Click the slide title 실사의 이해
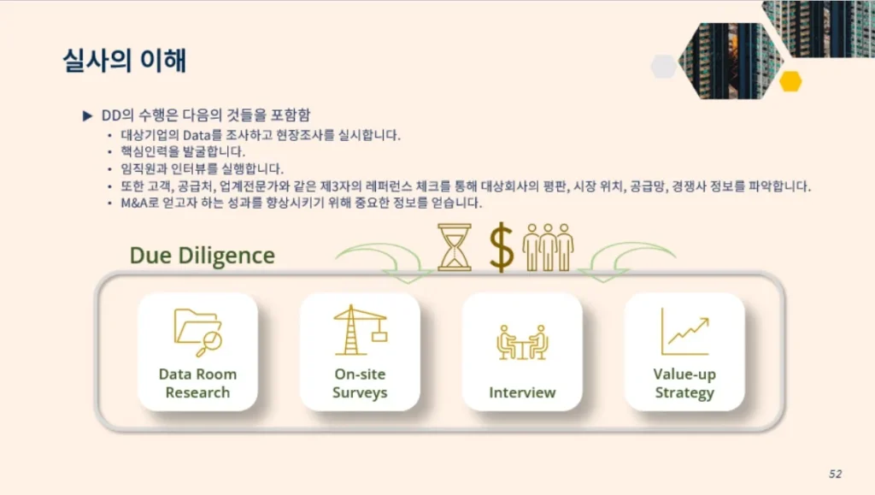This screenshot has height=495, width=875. click(x=125, y=60)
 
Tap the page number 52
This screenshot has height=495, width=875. click(x=835, y=474)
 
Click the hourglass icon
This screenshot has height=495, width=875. click(x=455, y=247)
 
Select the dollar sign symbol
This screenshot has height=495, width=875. click(x=501, y=247)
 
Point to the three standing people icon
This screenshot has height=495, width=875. click(x=548, y=247)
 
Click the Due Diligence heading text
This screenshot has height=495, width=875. click(x=202, y=256)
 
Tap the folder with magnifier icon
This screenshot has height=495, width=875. click(x=198, y=333)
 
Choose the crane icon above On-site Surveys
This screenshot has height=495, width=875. click(x=360, y=330)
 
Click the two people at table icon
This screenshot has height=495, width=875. click(x=522, y=342)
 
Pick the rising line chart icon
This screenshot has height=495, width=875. click(x=685, y=332)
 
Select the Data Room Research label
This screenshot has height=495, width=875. click(x=197, y=383)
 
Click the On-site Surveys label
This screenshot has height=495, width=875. click(x=360, y=383)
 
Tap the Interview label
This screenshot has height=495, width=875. click(x=522, y=392)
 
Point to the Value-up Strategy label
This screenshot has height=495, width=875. click(x=684, y=383)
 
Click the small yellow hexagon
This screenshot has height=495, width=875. click(x=790, y=81)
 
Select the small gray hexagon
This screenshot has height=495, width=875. click(x=664, y=67)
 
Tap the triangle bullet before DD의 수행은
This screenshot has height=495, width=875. click(x=88, y=115)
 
